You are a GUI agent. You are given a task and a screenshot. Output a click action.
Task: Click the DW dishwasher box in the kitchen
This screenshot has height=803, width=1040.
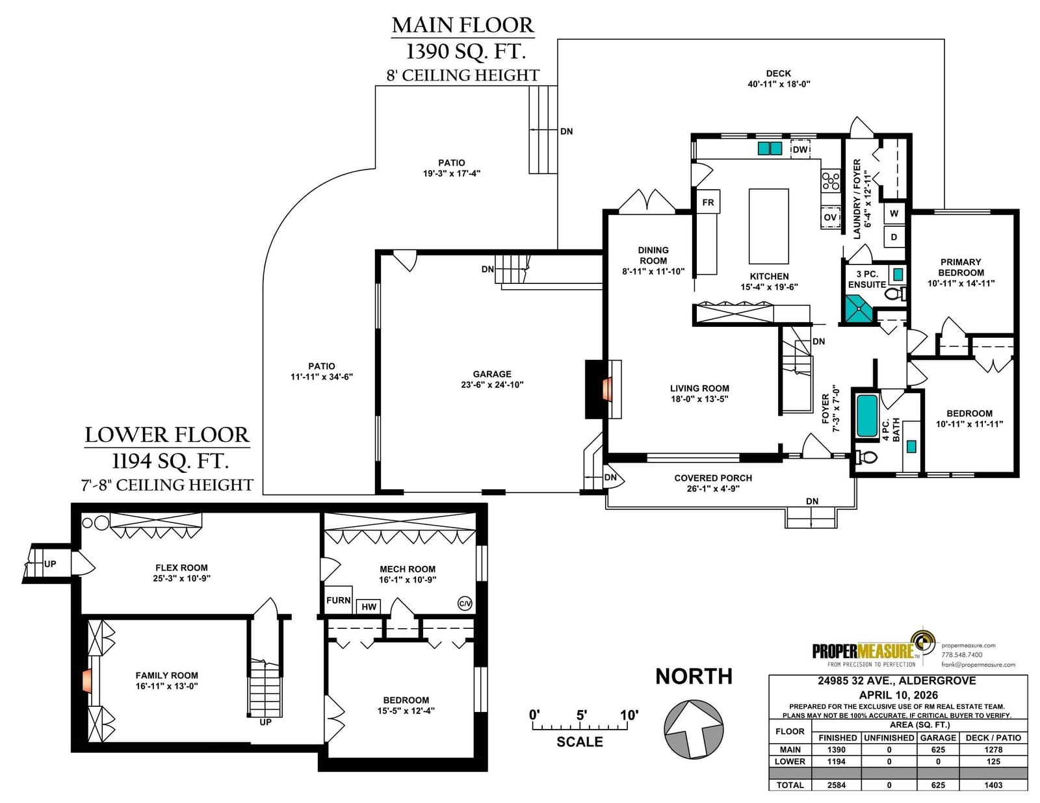click(799, 149)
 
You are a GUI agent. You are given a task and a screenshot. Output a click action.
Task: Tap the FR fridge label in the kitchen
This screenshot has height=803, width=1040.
click(708, 202)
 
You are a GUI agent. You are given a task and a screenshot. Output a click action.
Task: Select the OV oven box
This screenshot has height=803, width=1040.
click(830, 218)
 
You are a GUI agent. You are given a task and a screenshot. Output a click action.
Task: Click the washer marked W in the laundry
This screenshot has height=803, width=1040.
click(894, 213)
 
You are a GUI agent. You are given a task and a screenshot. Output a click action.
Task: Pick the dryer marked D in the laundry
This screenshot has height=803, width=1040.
click(894, 236)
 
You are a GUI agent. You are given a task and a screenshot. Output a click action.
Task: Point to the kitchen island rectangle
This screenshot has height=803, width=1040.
click(769, 226)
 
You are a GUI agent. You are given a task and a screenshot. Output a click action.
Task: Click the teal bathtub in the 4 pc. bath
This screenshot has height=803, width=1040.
click(866, 415)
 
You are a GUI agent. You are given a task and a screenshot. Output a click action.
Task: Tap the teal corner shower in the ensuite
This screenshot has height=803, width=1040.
click(858, 309)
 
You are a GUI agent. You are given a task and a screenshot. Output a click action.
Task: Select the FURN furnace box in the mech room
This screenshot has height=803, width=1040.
click(339, 600)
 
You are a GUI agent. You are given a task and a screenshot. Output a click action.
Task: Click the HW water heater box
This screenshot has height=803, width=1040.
click(369, 606)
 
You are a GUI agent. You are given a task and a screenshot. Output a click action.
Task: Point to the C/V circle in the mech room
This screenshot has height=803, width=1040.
click(465, 604)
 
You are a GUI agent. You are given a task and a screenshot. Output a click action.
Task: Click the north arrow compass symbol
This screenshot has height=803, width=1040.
click(694, 729)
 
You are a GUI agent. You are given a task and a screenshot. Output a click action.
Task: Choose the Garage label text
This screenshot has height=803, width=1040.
click(492, 374)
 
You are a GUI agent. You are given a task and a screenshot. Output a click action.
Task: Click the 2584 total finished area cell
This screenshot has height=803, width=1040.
click(836, 785)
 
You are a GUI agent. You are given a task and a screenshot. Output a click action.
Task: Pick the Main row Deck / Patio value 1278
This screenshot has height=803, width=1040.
click(993, 750)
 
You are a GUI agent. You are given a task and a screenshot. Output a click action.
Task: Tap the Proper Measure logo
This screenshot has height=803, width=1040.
click(874, 648)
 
